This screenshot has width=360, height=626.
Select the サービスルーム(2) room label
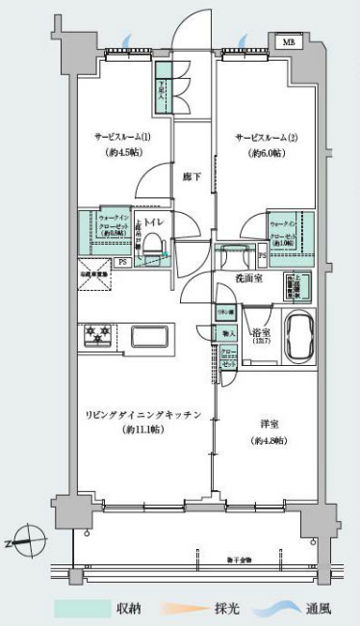click(266, 137)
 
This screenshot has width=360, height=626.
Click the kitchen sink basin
click(150, 337)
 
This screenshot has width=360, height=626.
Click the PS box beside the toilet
click(122, 261)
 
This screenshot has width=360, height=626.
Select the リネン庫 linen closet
click(225, 314)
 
